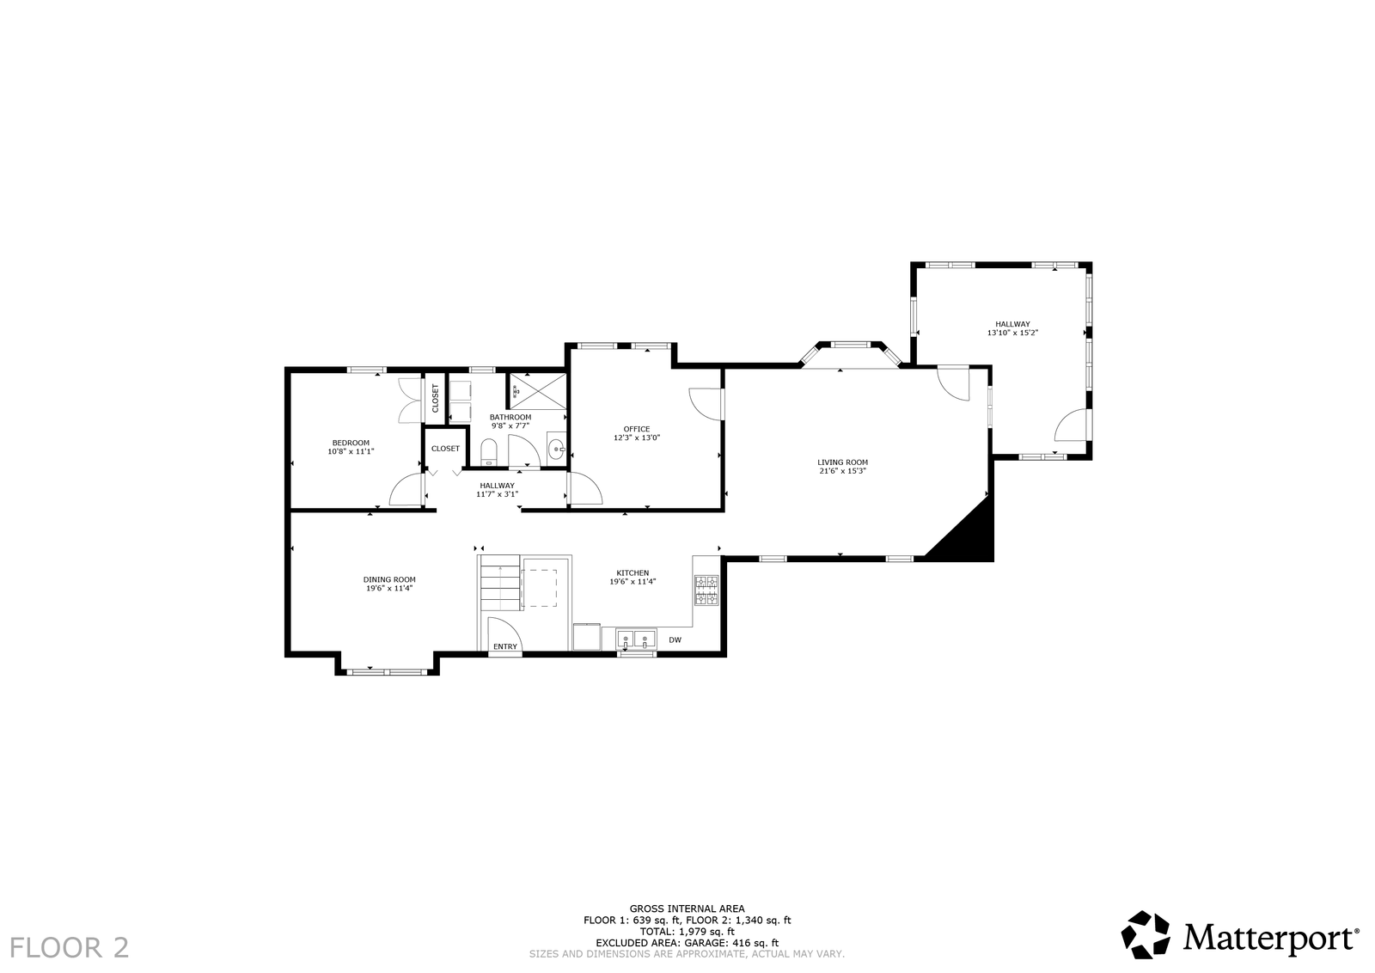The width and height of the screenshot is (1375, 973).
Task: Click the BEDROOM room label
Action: [x=351, y=443]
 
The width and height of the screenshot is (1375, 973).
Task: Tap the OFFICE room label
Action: [x=637, y=429]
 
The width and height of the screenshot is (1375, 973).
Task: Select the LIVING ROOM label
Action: [x=842, y=462]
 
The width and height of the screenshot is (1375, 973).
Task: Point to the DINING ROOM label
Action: [x=389, y=579]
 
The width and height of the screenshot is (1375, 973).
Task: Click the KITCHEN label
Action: [x=632, y=572]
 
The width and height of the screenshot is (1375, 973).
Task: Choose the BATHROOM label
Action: [x=510, y=418]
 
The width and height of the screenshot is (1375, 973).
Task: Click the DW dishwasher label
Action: [x=675, y=639]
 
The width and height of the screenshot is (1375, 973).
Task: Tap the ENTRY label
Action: [x=505, y=646]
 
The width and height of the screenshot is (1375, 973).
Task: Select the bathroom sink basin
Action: [x=556, y=449]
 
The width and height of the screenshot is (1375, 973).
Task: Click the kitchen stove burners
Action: [x=706, y=590]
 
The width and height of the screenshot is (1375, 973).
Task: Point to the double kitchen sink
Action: [x=635, y=639]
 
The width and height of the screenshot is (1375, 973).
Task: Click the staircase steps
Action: [x=500, y=583]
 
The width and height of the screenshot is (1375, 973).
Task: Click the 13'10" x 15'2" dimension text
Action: [x=1012, y=333]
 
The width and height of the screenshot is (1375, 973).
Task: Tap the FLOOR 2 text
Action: [x=70, y=948]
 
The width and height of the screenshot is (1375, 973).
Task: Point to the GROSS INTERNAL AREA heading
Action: [x=687, y=909]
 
